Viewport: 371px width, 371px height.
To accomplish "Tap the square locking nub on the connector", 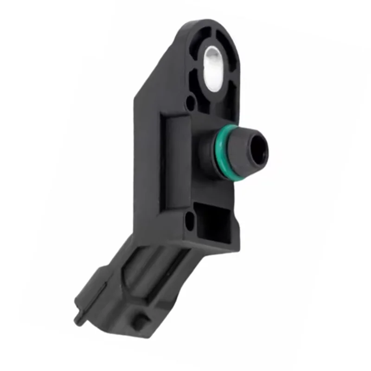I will [x=139, y=321].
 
